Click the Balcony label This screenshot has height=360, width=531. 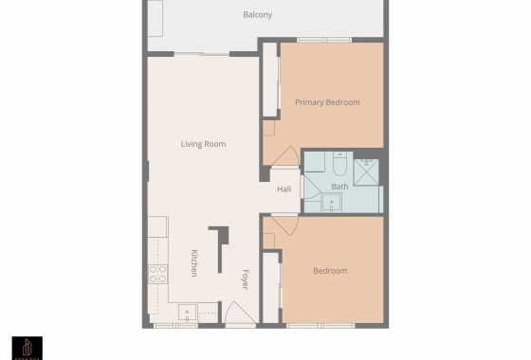tap(257, 14)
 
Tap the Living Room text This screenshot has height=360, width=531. tap(204, 144)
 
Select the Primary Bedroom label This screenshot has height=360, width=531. tap(327, 102)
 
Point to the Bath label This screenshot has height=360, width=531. tap(339, 187)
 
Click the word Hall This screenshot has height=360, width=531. tap(284, 189)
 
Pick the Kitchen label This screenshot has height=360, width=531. tap(193, 262)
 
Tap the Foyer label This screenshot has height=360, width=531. tap(244, 279)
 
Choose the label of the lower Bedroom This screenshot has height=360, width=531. tap(330, 271)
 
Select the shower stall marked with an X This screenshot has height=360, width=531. tap(367, 170)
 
